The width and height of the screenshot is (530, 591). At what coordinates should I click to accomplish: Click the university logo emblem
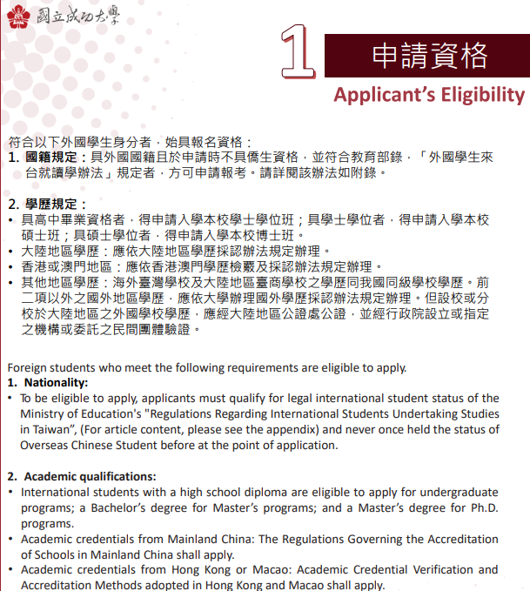tap(18, 17)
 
